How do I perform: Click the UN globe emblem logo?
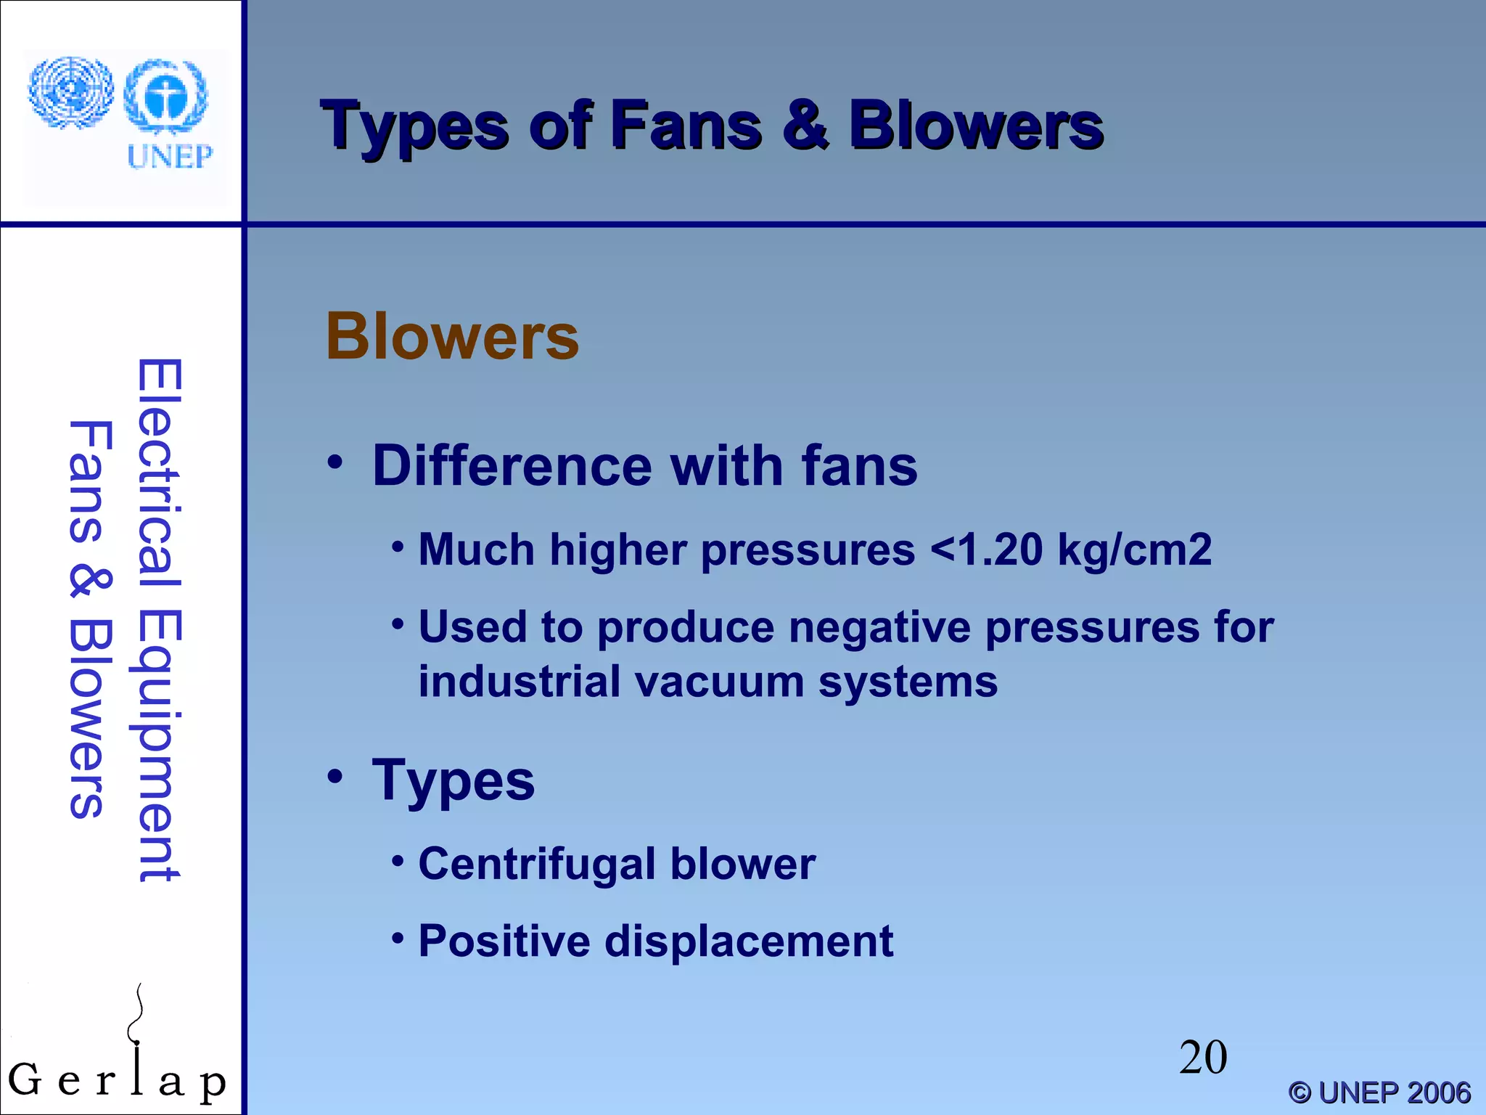pos(71,92)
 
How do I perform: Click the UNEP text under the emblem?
pos(170,157)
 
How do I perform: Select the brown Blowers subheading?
pos(452,337)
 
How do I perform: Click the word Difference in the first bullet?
pos(512,466)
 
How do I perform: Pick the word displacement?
pos(749,942)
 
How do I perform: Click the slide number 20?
pos(1203,1058)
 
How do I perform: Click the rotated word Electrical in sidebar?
pos(160,472)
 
